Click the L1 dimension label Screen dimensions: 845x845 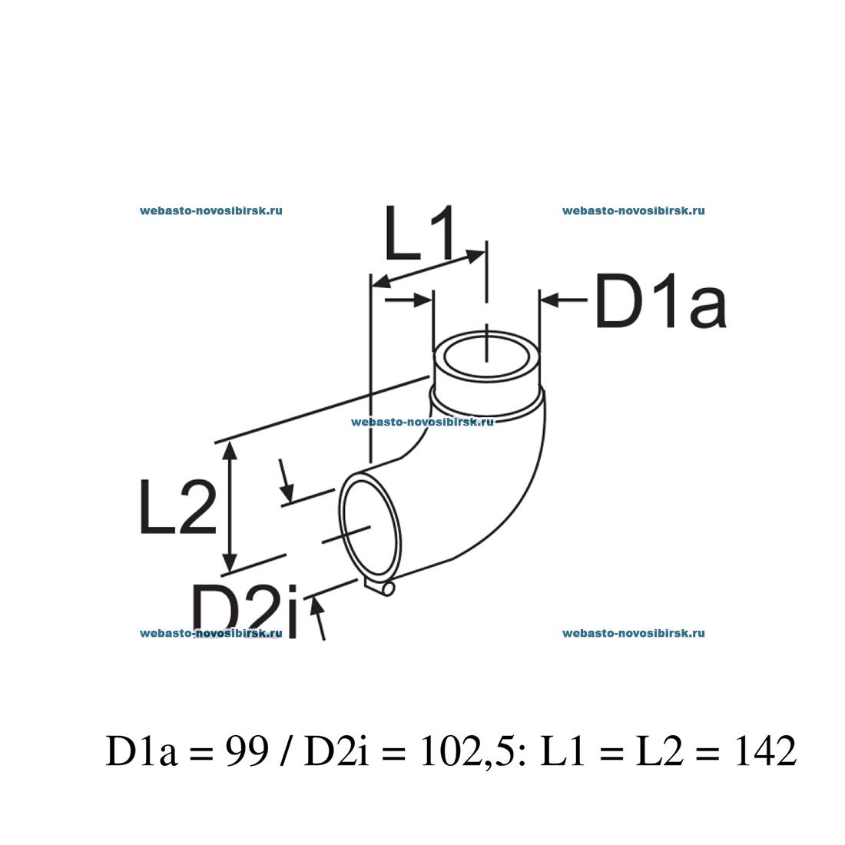(x=420, y=232)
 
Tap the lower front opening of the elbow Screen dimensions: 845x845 (x=371, y=530)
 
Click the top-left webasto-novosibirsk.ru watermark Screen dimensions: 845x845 (x=211, y=210)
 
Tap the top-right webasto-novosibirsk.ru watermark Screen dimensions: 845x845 (x=634, y=210)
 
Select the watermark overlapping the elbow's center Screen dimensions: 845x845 (x=422, y=421)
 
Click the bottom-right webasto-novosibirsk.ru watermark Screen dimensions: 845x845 (x=634, y=634)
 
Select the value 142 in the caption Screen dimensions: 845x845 (x=764, y=752)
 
